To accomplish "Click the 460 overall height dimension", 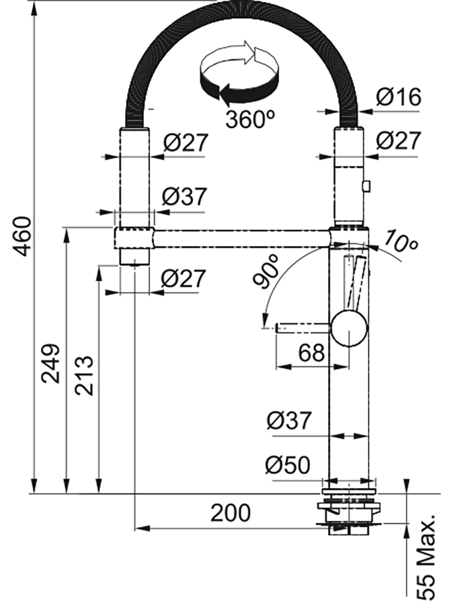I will (x=22, y=236).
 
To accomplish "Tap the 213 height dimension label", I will (x=84, y=375).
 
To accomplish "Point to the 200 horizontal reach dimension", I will (x=230, y=513).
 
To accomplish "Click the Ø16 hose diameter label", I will (x=398, y=98).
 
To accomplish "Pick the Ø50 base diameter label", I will (x=288, y=466).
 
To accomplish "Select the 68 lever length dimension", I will (x=311, y=353).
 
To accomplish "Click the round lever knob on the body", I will (x=349, y=328).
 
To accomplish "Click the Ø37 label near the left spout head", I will (x=184, y=197).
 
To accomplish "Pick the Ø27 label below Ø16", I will (x=398, y=140).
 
